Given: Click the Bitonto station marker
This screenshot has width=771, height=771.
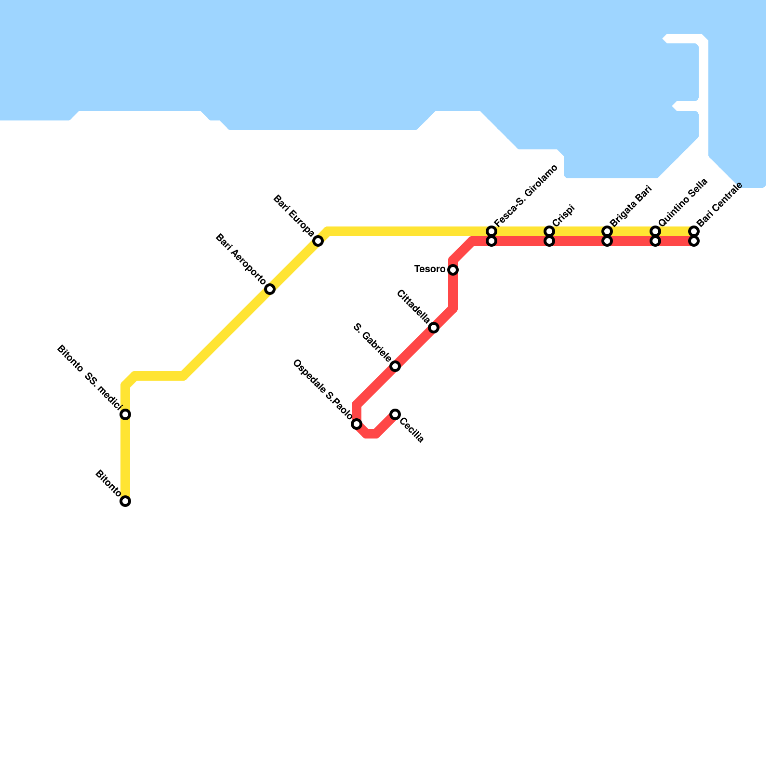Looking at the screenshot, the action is click(125, 501).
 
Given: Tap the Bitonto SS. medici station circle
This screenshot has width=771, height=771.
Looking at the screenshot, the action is click(125, 414).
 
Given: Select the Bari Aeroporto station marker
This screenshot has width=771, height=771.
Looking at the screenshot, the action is click(270, 289).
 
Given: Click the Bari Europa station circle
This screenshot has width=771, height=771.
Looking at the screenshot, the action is click(318, 241).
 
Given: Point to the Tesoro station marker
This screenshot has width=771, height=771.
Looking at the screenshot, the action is click(453, 270).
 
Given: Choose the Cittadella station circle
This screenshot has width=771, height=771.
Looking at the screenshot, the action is click(434, 328).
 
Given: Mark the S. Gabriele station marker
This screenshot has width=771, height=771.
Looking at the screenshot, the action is click(395, 366).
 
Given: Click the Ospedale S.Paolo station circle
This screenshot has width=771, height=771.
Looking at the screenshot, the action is click(357, 424).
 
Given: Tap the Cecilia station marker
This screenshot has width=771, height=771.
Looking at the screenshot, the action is click(395, 414).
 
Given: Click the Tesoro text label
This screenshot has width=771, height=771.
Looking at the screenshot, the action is click(430, 269).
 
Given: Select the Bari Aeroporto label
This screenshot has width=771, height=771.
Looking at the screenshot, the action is click(240, 259).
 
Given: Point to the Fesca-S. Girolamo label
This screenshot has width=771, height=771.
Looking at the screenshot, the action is click(526, 195).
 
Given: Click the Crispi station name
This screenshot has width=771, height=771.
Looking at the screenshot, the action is click(564, 215).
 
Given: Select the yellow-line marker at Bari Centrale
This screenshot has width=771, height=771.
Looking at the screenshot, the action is click(694, 231).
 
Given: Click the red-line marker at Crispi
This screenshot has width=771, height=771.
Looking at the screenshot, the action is click(549, 241).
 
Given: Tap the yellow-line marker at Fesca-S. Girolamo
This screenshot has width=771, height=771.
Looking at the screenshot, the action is click(492, 231).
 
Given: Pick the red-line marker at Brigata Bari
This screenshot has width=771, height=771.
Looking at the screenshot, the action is click(607, 241).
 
